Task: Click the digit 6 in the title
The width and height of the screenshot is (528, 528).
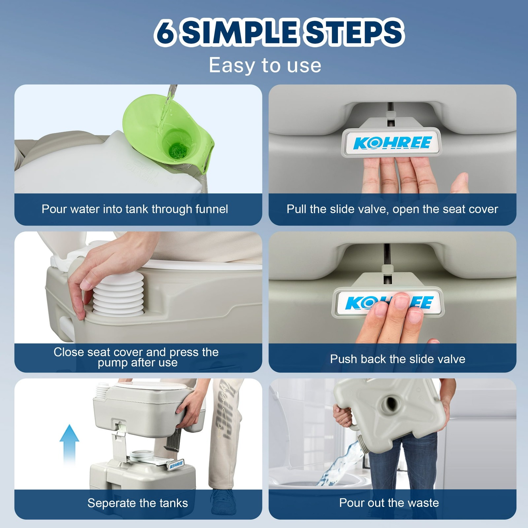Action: click(165, 32)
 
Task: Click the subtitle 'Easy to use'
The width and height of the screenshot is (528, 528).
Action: click(265, 65)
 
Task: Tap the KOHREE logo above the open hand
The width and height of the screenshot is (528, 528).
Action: click(392, 143)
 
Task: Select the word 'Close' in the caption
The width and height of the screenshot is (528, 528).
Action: click(69, 352)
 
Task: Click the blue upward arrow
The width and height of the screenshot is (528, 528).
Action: click(69, 444)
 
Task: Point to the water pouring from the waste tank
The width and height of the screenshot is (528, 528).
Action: click(340, 462)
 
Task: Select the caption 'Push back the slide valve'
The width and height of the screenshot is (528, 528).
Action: click(398, 359)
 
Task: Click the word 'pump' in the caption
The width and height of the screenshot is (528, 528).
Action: click(113, 363)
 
